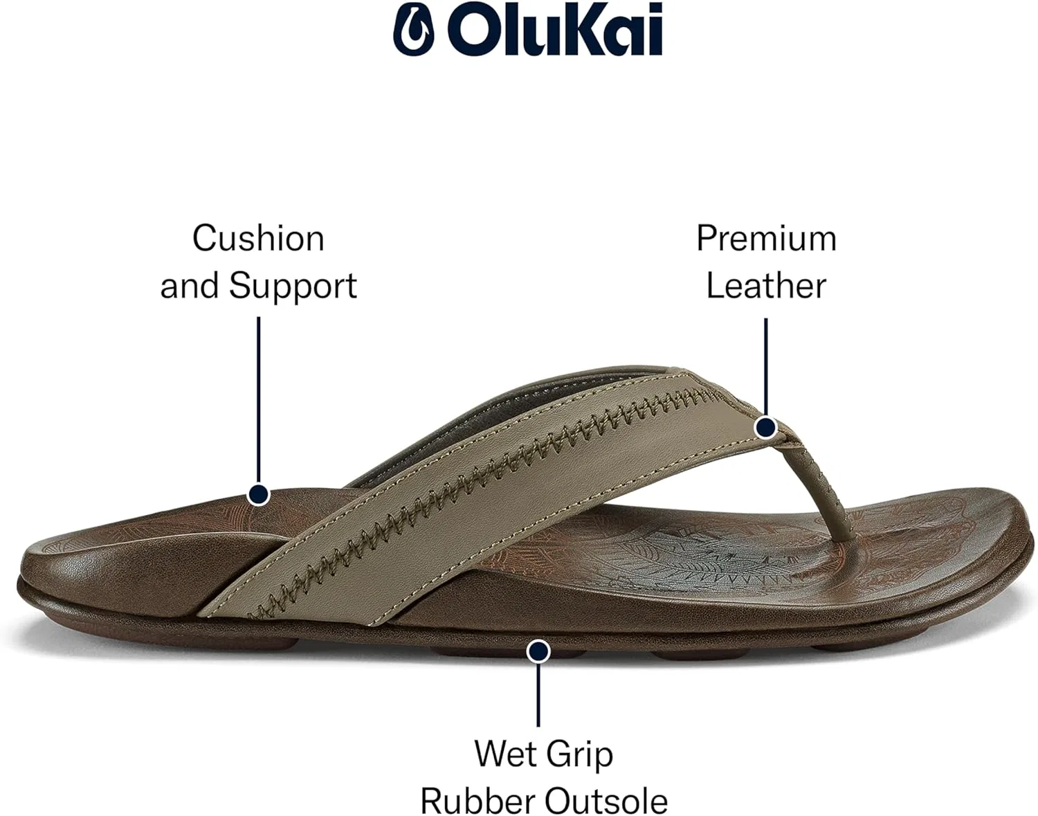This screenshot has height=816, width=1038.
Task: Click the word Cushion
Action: [x=258, y=238]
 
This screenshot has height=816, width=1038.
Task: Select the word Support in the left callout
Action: [x=293, y=286]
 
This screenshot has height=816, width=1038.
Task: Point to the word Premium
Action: [x=766, y=238]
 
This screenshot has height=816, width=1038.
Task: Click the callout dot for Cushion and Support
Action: [x=258, y=494]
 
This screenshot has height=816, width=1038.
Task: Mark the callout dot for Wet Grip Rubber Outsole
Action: [x=538, y=651]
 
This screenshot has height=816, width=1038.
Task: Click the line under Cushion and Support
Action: [x=258, y=400]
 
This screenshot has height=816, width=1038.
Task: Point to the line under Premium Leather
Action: [x=766, y=368]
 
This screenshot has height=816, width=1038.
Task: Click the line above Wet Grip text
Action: [x=538, y=694]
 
